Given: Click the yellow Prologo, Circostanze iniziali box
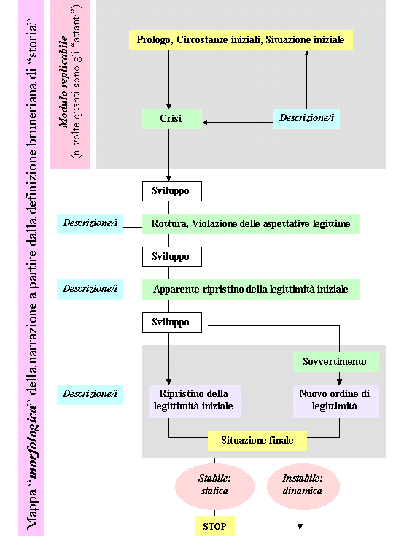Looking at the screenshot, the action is (x=241, y=40).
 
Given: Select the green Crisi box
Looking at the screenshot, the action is (x=172, y=119).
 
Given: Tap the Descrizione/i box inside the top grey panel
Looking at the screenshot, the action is (x=306, y=119).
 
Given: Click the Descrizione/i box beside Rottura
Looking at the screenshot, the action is (x=90, y=224).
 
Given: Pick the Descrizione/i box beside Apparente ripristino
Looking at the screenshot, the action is (x=90, y=290).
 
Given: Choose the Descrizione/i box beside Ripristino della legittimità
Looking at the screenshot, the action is (x=90, y=395).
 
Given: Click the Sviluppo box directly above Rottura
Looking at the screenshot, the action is (x=172, y=191).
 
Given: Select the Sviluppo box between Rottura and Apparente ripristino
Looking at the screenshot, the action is (x=172, y=257).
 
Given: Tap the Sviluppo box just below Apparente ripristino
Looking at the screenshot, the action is (x=172, y=323).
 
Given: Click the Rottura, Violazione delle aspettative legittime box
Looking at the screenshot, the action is (x=250, y=224).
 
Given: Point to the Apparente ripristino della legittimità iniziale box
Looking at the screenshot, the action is (x=250, y=290).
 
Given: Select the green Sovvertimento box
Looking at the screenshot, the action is (x=336, y=362).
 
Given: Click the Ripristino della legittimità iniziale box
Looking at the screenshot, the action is (x=195, y=401).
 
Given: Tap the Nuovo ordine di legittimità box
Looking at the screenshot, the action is (x=336, y=401).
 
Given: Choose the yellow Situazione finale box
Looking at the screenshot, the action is (x=257, y=440).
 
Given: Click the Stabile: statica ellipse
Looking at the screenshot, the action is (x=214, y=486).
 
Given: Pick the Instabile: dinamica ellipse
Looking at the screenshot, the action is (x=303, y=486).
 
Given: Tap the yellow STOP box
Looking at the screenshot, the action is (x=214, y=526).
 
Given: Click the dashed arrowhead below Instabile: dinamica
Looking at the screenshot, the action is (x=300, y=527).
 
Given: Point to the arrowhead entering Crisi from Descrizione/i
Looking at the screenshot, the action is (x=205, y=123).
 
